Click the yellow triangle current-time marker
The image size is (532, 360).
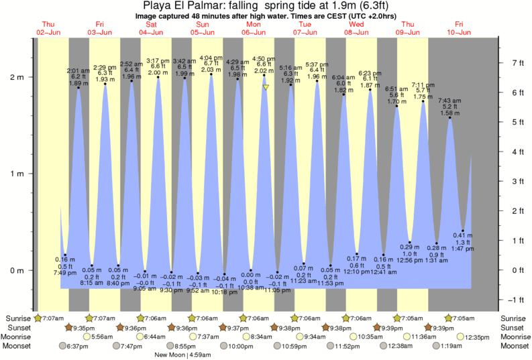click(266, 87)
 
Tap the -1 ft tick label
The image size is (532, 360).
click(516, 300)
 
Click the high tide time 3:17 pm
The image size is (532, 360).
click(158, 60)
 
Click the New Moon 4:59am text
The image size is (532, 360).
click(183, 355)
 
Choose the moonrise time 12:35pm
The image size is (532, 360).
click(477, 337)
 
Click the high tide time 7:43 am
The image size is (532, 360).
click(449, 101)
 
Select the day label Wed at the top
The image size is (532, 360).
click(356, 23)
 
